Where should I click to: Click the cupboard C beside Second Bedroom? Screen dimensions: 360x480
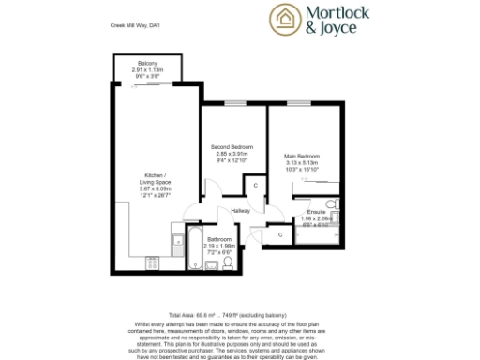pos(257,186)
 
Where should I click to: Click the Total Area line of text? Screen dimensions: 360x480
pos(239,315)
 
